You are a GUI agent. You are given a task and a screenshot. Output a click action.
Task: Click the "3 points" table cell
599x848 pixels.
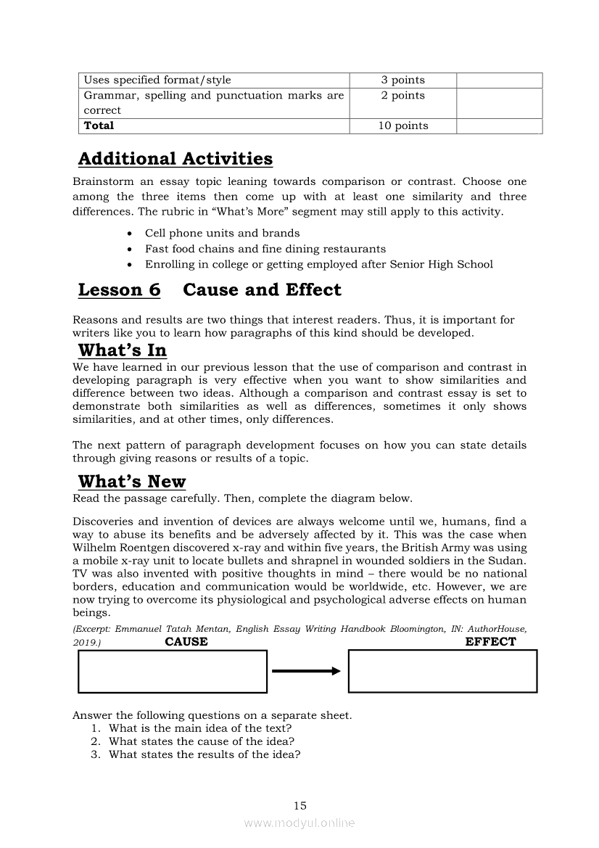402,80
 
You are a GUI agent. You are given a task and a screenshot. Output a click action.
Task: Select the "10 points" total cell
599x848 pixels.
402,125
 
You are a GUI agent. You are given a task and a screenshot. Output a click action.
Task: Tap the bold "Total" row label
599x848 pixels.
99,125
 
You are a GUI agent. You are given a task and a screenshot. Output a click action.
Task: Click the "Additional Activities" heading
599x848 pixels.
175,159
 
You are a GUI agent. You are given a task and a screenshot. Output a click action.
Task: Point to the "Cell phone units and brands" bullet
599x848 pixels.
222,233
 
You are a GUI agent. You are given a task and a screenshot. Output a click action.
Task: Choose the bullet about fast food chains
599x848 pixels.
265,249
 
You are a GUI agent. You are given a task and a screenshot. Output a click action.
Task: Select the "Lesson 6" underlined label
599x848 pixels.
119,290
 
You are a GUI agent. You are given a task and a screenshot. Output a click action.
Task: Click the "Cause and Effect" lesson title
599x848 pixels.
262,290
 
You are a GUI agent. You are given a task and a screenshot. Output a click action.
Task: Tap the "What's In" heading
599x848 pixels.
122,350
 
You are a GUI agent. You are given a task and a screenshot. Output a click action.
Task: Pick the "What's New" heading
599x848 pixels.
131,482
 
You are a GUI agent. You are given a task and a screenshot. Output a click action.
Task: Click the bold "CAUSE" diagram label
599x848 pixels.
186,642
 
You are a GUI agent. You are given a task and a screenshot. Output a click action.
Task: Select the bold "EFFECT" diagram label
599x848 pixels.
490,642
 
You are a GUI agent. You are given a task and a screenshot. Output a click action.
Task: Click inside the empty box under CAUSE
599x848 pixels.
173,672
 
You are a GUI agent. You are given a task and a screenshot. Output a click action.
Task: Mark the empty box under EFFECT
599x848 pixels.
442,671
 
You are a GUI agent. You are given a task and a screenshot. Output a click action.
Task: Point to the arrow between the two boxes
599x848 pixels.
306,671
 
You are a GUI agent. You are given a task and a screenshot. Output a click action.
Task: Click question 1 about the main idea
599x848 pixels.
200,728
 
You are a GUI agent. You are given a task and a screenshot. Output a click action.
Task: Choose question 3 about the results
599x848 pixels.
205,754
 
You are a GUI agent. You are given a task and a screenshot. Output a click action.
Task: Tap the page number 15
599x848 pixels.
300,805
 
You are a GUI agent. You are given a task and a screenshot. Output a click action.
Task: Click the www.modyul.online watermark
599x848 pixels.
299,823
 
